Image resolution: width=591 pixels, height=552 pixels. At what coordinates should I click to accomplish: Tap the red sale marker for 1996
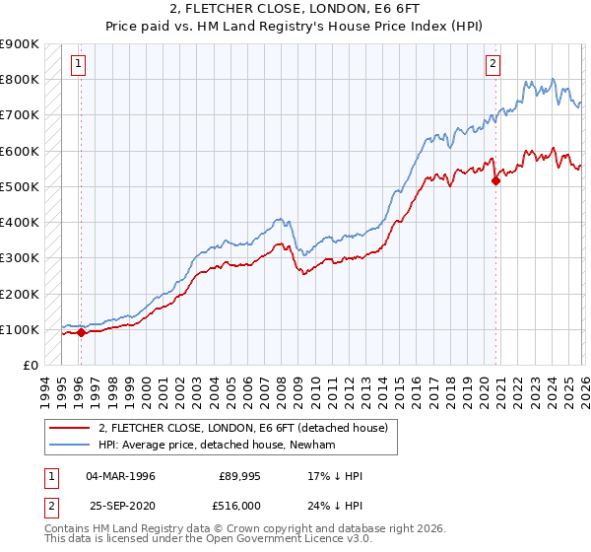click(81, 333)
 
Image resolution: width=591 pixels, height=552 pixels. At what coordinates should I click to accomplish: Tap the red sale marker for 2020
click(495, 179)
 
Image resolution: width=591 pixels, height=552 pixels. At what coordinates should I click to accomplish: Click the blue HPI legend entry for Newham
click(217, 446)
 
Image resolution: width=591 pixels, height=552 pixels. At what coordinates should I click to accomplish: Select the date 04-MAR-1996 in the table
click(120, 476)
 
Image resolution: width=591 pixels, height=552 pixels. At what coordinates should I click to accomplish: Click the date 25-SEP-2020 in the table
click(120, 506)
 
